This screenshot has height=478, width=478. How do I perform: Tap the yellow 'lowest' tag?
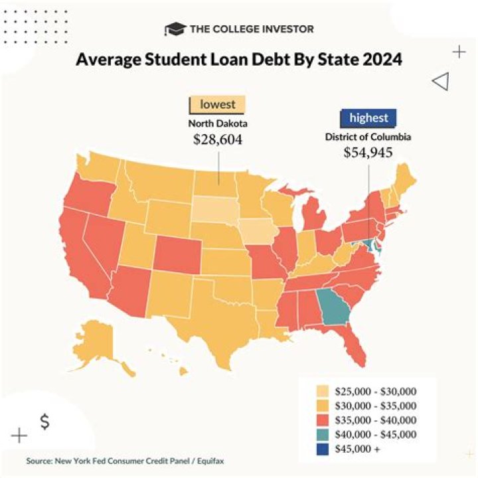[x=217, y=105]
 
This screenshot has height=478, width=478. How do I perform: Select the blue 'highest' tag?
[x=368, y=118]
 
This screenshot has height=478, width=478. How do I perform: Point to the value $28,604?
[x=217, y=140]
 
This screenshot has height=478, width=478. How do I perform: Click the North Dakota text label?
[x=217, y=123]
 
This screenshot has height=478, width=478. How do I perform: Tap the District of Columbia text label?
[x=368, y=137]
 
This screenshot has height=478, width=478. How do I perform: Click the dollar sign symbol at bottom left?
[x=44, y=421]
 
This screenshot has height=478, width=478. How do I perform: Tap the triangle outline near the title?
[x=440, y=82]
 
